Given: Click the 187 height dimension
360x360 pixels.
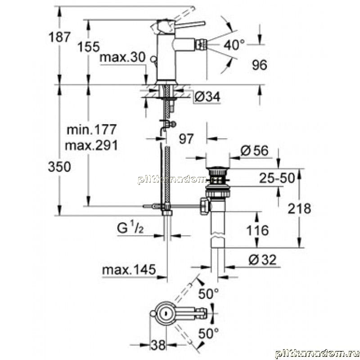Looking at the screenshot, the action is [x=59, y=37].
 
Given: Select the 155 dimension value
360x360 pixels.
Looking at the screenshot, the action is [x=89, y=47].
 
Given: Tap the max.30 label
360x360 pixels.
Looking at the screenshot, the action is [x=122, y=57].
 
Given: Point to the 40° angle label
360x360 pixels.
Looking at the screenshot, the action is [x=234, y=45].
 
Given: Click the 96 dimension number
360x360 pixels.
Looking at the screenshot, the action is [x=260, y=65].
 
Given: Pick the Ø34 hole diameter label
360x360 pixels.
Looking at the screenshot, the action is [x=207, y=97].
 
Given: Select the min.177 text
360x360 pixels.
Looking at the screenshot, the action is [x=91, y=130].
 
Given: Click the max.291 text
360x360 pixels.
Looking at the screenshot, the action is [x=91, y=145].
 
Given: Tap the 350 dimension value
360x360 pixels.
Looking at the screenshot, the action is [x=59, y=166].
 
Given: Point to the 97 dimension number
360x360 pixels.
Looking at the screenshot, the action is [x=186, y=139].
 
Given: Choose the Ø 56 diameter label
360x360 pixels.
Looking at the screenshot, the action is [x=254, y=151].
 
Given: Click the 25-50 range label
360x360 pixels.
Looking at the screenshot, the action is [x=277, y=178].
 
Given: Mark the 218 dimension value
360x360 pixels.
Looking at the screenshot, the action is [x=299, y=209].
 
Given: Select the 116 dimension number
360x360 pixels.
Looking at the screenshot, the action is [x=257, y=230].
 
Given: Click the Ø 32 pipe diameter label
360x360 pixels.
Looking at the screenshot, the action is [x=263, y=260].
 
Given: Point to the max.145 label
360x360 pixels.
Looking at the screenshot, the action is [x=129, y=270].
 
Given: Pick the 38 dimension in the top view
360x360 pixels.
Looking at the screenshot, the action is [x=158, y=345].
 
